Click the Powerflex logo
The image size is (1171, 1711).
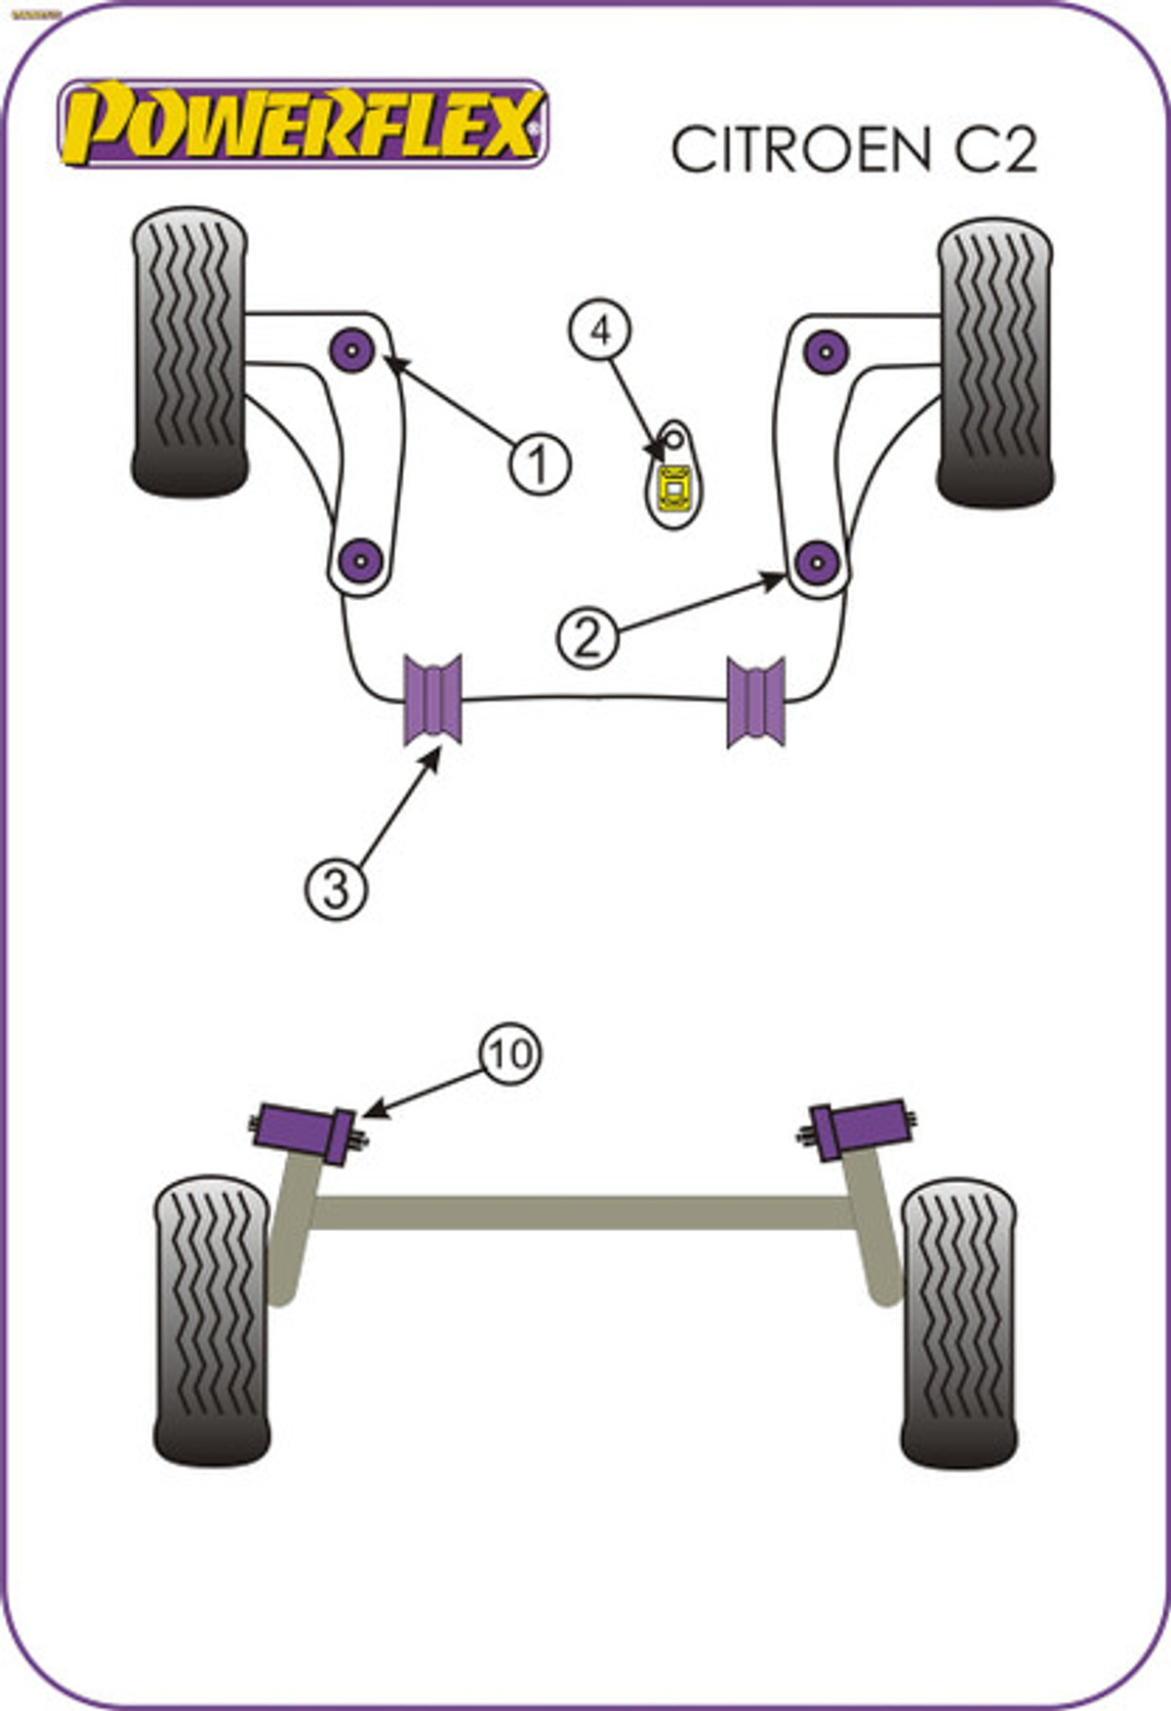pos(303,125)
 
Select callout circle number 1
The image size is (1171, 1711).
pos(538,463)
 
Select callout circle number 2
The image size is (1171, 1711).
pos(587,638)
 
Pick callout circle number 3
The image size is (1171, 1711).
pos(336,889)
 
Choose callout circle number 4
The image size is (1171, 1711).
pos(600,331)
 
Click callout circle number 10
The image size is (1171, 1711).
pos(509,1054)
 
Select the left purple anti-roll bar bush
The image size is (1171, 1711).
pos(432,699)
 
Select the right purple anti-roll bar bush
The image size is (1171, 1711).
pos(755,701)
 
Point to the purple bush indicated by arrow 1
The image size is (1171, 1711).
pos(352,349)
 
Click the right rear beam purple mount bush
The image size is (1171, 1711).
pos(861,1129)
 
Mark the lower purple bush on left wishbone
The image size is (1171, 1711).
pos(361,560)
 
